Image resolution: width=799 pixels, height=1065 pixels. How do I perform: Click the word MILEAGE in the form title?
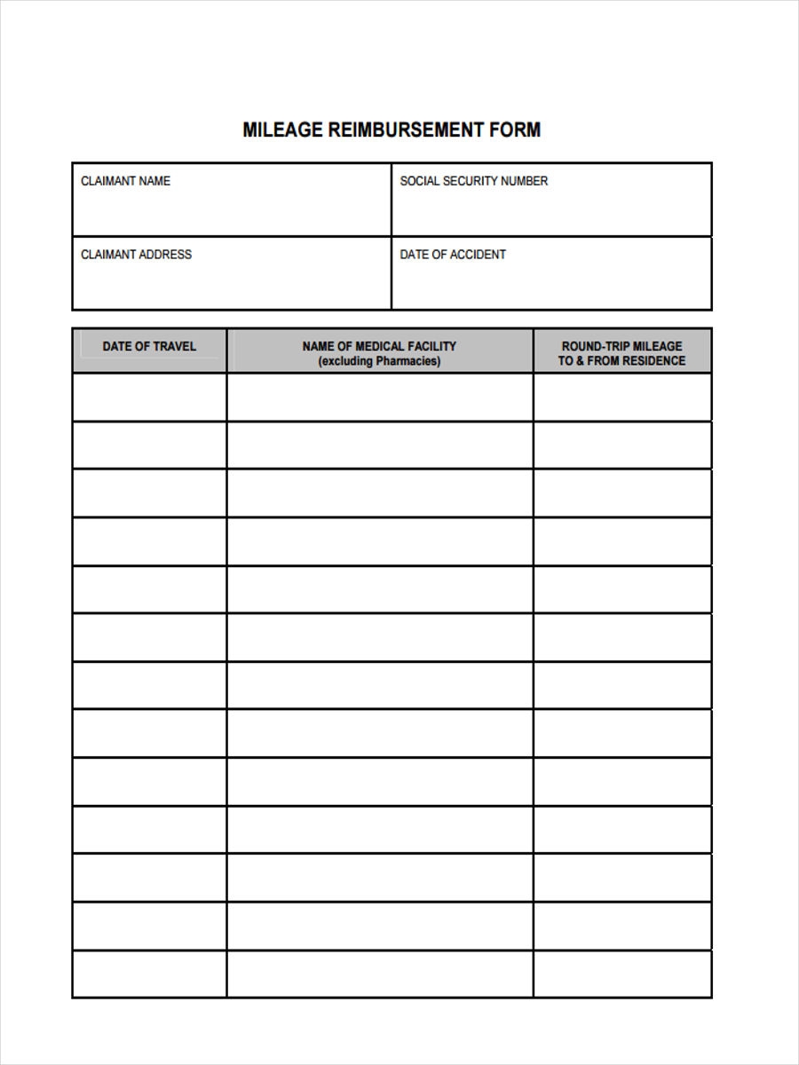click(282, 130)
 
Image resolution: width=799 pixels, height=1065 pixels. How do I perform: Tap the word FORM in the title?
click(515, 130)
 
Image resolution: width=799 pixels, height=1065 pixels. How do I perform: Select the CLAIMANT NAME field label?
click(125, 181)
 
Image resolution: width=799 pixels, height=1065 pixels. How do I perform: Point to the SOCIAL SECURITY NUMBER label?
click(473, 181)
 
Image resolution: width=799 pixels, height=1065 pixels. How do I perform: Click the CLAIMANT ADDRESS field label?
click(136, 255)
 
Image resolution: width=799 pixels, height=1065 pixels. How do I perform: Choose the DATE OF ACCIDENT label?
click(453, 255)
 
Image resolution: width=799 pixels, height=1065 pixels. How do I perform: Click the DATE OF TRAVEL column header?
click(149, 346)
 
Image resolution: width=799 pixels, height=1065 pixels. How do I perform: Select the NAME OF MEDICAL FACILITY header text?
click(379, 346)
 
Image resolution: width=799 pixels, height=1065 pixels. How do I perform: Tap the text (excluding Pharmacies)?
click(379, 361)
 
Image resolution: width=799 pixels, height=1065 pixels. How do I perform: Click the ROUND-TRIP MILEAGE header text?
click(621, 346)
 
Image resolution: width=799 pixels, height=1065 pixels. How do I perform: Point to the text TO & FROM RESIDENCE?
click(621, 361)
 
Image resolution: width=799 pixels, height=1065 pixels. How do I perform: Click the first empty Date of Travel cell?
click(149, 397)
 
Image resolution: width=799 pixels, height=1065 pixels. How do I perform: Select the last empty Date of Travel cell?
click(149, 974)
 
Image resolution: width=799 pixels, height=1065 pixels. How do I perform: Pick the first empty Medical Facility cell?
click(380, 397)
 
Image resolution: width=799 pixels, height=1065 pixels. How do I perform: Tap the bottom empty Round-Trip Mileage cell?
click(622, 974)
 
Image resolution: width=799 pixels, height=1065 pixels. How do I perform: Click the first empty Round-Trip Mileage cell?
click(622, 397)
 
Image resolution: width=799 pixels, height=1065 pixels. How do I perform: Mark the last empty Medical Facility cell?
click(380, 974)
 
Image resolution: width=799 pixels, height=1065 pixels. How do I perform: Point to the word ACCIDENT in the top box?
click(478, 255)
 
